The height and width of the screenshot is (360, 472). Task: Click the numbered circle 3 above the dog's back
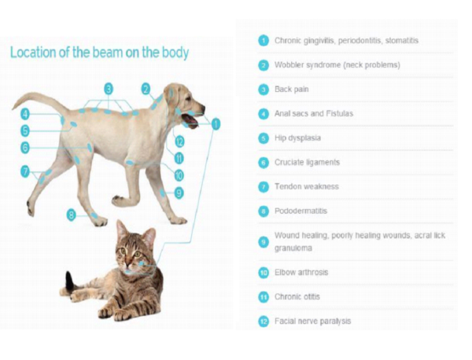coord(109,89)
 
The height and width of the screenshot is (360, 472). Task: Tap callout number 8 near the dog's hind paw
coord(72,215)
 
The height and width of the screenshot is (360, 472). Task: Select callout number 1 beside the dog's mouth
coord(216,124)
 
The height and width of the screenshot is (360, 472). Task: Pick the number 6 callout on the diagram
coord(25,148)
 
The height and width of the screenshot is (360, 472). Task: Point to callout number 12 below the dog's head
coord(179,141)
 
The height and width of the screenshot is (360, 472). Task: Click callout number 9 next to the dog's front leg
coord(179,193)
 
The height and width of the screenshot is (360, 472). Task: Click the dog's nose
coord(202,108)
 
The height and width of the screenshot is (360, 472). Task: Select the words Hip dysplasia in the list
coord(297,138)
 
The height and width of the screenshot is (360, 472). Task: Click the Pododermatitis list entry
coord(301,211)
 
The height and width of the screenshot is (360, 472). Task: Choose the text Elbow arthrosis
coord(301,273)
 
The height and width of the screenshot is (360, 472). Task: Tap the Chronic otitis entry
coord(297,297)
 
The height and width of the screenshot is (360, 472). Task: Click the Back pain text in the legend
coord(291,90)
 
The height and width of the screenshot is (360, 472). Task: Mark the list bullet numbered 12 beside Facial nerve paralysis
coord(264,321)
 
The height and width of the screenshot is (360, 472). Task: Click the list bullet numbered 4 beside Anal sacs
coord(264,114)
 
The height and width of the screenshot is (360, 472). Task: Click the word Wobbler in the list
coord(289,65)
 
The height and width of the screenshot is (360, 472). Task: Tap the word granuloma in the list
coord(293,248)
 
